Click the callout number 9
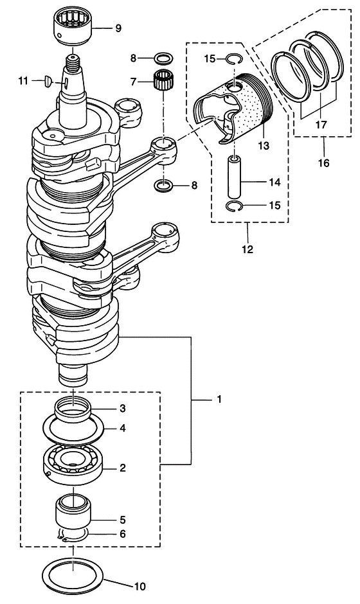pyautogui.click(x=118, y=28)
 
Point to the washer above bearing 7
pyautogui.click(x=163, y=59)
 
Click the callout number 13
pyautogui.click(x=264, y=146)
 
